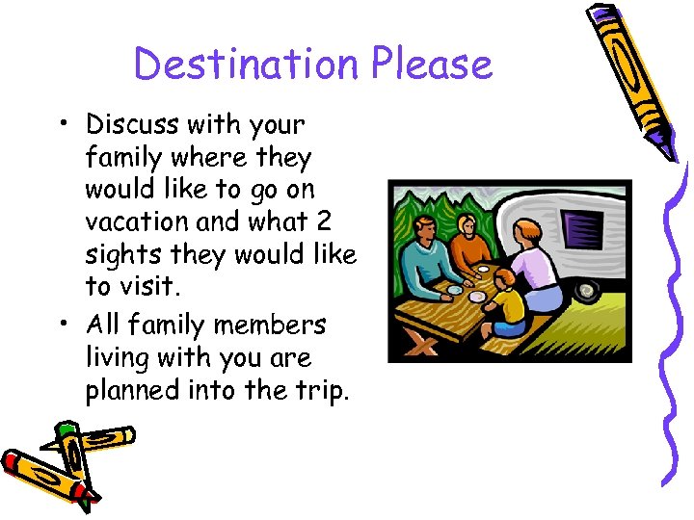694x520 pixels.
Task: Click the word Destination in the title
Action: tap(248, 65)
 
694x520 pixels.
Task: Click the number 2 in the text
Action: tap(323, 221)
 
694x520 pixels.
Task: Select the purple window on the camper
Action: tap(580, 231)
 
